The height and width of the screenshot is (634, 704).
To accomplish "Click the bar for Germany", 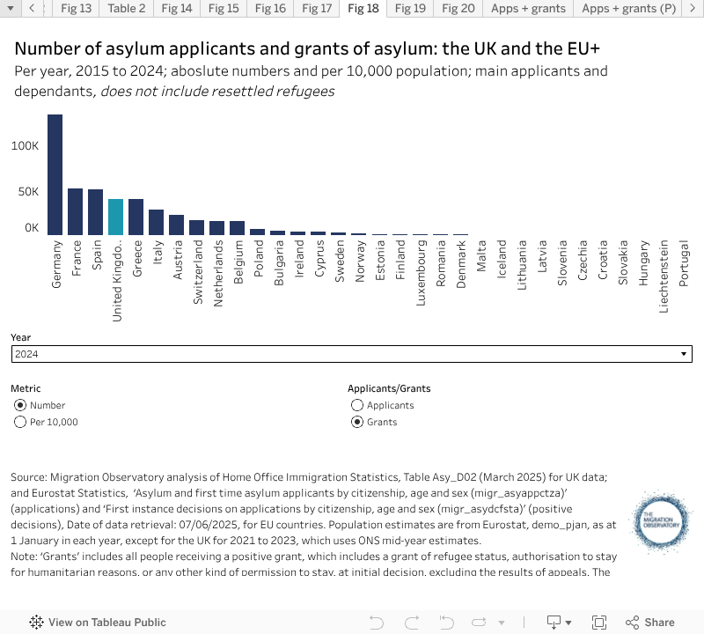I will tap(55, 174).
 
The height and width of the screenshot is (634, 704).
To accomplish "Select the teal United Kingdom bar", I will tap(115, 217).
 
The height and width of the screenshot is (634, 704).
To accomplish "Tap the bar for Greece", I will tap(136, 217).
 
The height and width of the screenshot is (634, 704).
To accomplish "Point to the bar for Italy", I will tap(156, 222).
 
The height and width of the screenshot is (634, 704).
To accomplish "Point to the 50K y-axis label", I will tap(28, 192).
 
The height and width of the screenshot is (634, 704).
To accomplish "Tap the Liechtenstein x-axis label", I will tap(664, 276).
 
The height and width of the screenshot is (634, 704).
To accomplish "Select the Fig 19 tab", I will tap(410, 9).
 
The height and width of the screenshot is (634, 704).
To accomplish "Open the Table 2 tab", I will tap(127, 9).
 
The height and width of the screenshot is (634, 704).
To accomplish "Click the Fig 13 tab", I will tap(77, 9).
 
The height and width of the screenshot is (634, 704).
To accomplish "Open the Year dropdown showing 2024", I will tap(351, 354).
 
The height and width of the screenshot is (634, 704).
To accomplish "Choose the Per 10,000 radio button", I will tap(20, 422).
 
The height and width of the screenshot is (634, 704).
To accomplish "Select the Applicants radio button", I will tap(357, 405).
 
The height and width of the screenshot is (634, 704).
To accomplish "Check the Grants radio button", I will tap(357, 422).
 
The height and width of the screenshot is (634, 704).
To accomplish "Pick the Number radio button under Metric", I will tap(20, 405).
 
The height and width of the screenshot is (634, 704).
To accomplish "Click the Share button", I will tap(651, 622).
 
